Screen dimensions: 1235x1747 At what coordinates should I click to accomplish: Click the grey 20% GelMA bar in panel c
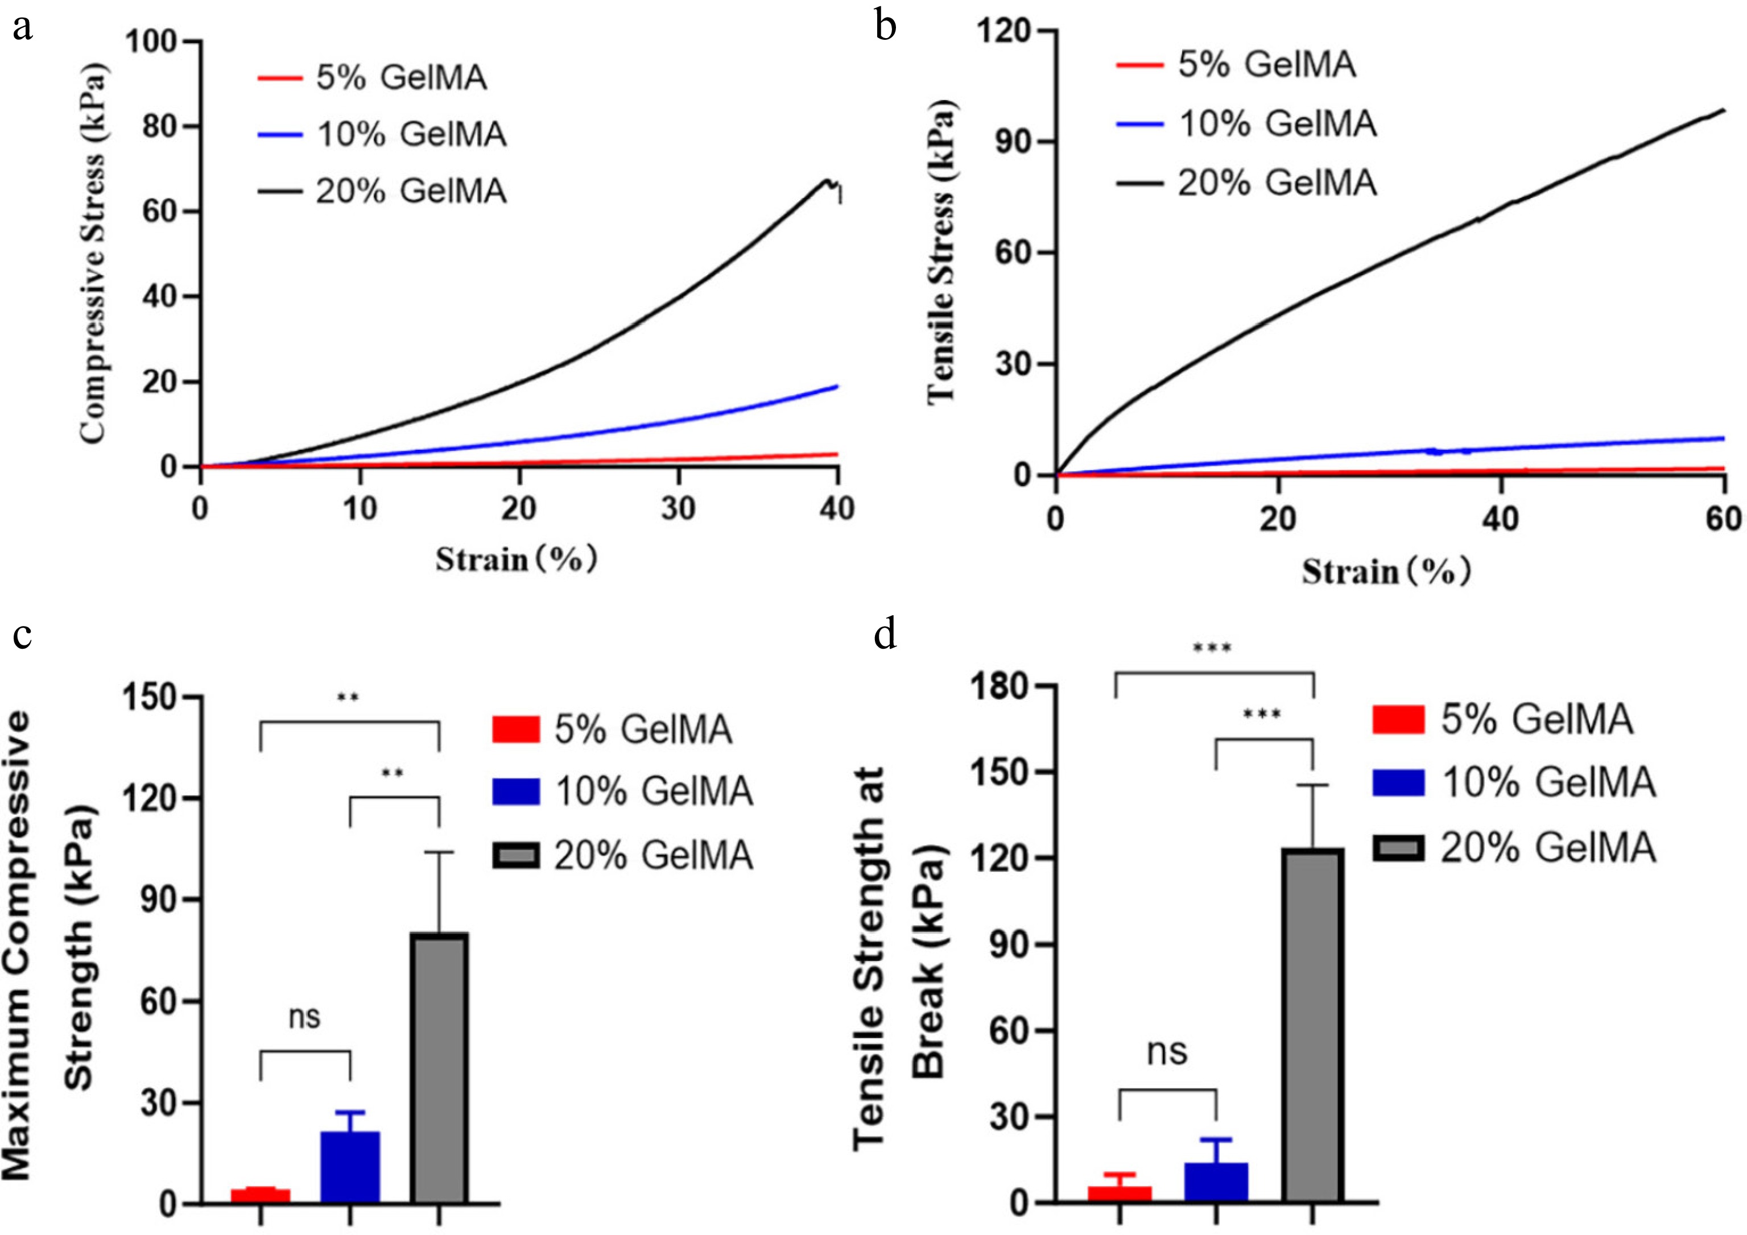tap(439, 1068)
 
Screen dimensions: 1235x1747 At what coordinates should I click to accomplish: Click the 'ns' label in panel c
tap(304, 1017)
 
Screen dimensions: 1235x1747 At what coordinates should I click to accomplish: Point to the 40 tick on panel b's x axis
tap(1501, 519)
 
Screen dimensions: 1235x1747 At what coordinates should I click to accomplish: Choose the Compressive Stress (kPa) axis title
tap(93, 253)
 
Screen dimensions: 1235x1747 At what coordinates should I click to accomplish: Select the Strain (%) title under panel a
tap(516, 560)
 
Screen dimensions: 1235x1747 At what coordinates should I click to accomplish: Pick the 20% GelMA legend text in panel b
tap(1278, 183)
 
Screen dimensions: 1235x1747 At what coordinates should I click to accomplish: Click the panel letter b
tap(886, 27)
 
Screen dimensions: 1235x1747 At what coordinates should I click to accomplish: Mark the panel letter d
tap(885, 633)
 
